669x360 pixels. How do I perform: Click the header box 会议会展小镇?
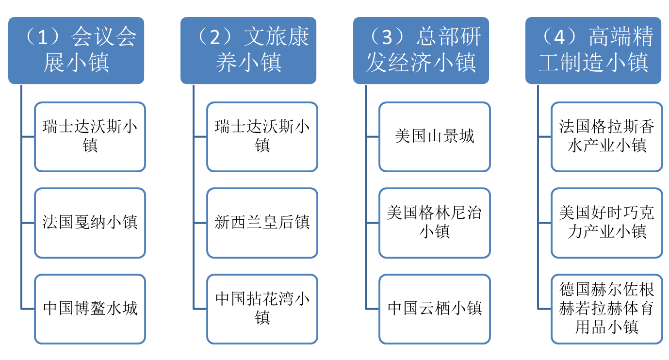point(76,50)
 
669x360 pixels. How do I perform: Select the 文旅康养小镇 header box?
point(248,50)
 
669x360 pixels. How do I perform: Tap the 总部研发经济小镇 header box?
point(421,50)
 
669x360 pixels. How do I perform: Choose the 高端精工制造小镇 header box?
point(593,50)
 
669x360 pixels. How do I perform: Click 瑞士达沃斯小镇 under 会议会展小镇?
point(90,136)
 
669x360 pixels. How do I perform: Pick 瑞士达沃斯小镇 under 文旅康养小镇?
point(262,136)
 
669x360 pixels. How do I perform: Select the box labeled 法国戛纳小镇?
point(90,223)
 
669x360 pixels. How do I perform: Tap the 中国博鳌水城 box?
point(90,309)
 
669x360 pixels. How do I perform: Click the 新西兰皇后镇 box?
point(262,223)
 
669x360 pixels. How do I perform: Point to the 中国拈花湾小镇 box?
point(262,309)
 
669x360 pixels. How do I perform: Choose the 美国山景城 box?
point(435,136)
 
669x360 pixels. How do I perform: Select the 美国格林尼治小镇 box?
point(435,223)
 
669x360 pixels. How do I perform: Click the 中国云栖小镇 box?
point(435,309)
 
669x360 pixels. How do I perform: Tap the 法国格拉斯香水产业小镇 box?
point(607,136)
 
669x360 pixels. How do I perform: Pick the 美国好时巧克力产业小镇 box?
point(607,223)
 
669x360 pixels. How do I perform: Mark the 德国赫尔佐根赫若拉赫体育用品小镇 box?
point(607,309)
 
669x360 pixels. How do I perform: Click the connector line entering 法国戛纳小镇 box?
point(28,223)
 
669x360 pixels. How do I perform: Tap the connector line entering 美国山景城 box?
point(373,136)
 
